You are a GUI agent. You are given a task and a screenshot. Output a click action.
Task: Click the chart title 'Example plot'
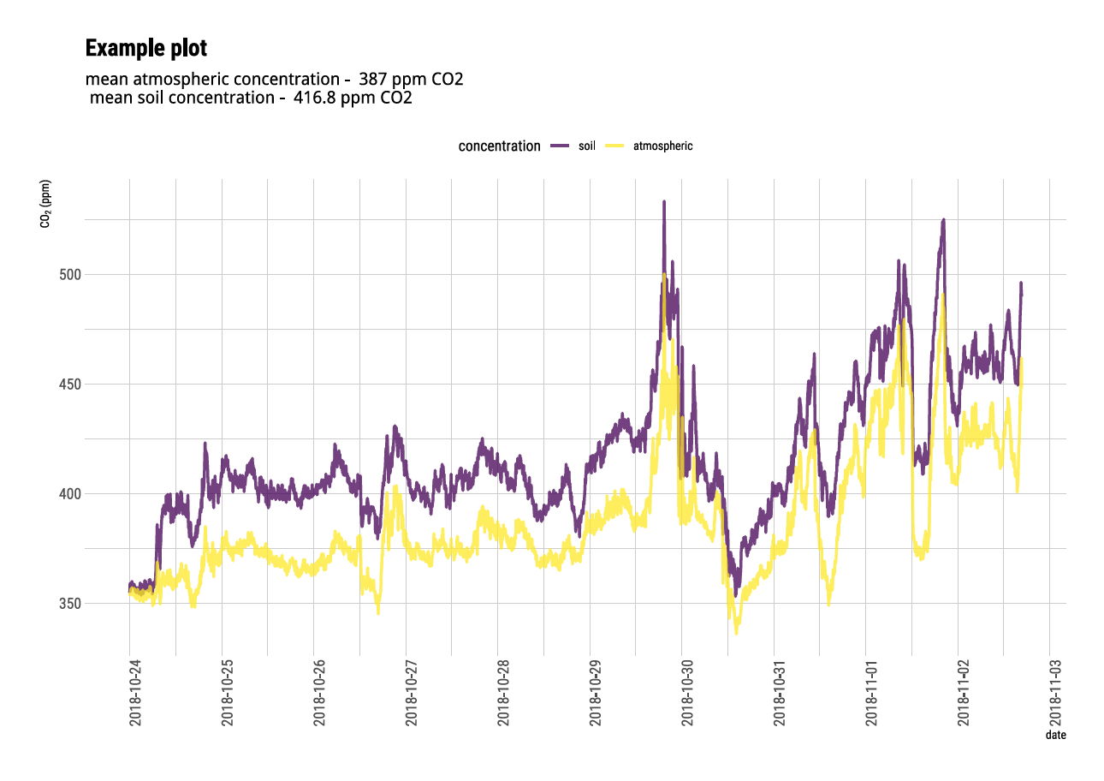pyautogui.click(x=146, y=48)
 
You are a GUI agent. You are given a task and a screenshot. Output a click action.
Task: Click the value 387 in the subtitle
pyautogui.click(x=371, y=80)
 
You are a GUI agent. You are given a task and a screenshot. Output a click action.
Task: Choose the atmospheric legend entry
pyautogui.click(x=662, y=146)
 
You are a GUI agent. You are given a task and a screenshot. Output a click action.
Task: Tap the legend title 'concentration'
pyautogui.click(x=499, y=146)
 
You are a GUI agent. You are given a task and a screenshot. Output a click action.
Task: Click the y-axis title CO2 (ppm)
pyautogui.click(x=45, y=204)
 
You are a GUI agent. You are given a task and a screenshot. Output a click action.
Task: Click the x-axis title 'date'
pyautogui.click(x=1055, y=735)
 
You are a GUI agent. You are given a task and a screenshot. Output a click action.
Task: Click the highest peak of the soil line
pyautogui.click(x=663, y=202)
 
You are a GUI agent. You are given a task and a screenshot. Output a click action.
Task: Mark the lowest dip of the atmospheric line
pyautogui.click(x=737, y=633)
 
